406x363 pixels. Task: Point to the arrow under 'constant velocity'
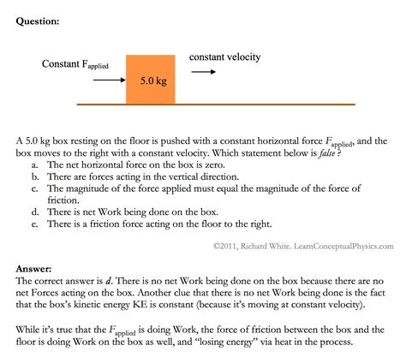(204, 72)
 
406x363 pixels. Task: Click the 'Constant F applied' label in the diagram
(75, 65)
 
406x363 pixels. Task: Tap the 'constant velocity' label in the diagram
(224, 57)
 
